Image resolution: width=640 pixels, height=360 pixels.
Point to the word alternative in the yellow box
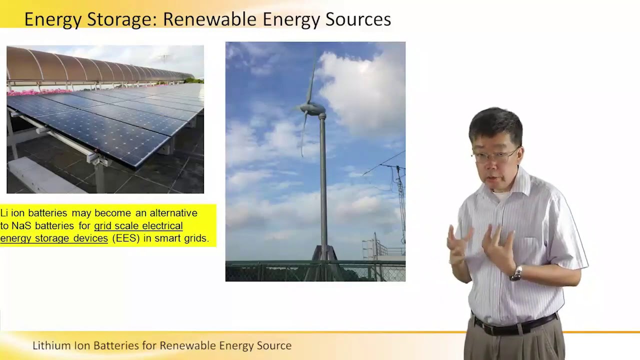pos(173,213)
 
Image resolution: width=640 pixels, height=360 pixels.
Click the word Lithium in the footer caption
pos(49,345)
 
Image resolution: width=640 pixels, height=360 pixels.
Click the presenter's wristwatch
pos(516,273)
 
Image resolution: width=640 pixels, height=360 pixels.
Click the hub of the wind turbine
pos(315,108)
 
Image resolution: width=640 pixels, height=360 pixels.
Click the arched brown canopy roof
pos(75,65)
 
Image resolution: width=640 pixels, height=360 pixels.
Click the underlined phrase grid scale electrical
pos(138,226)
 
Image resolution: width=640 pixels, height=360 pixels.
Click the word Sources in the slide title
pos(358,19)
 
